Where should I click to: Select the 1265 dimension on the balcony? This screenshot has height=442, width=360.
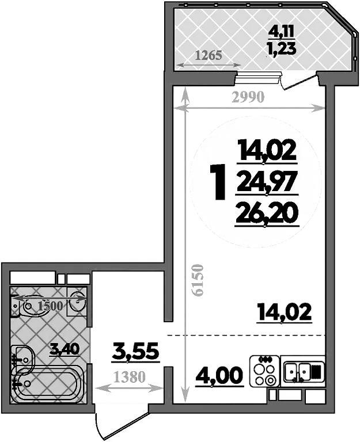point(209,56)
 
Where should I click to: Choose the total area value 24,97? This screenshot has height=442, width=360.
point(267,182)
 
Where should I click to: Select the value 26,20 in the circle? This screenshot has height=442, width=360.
point(267,214)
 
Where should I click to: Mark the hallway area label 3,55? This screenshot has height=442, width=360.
point(135,350)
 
